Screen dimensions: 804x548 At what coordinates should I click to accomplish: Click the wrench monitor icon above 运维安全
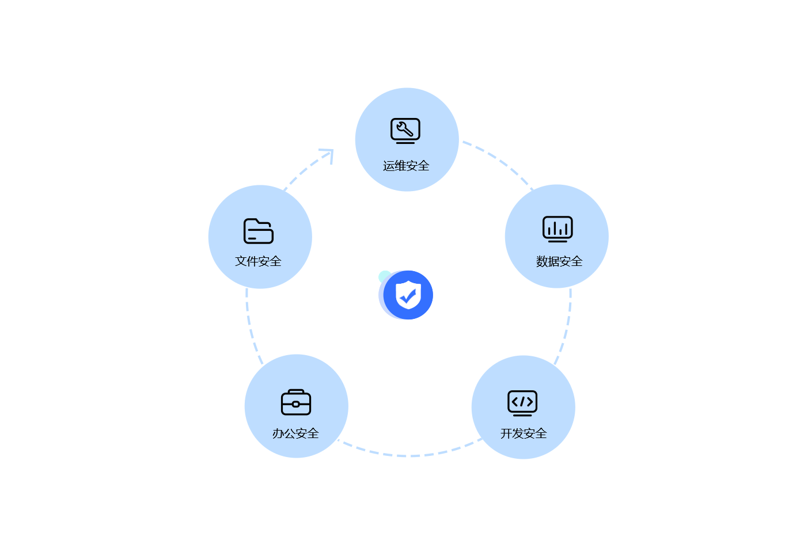tap(405, 131)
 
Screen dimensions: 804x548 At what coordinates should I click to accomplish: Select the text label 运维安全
tap(406, 166)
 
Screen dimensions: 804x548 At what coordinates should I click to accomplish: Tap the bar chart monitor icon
tap(558, 229)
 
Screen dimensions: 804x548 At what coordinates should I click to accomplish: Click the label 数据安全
tap(559, 261)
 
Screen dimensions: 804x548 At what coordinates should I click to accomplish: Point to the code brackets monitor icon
tap(522, 403)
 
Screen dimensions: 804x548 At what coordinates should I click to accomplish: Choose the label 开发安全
tap(524, 433)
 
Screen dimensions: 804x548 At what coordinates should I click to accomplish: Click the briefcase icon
tap(296, 402)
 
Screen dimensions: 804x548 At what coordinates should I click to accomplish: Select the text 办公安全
tap(295, 433)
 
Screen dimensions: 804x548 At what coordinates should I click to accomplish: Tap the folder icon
tap(259, 231)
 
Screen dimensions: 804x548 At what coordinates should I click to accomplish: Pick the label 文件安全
tap(258, 261)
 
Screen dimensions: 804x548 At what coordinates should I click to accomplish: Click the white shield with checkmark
tap(408, 295)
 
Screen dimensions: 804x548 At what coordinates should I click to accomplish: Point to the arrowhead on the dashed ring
tap(328, 155)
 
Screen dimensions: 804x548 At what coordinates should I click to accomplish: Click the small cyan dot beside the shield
tap(384, 276)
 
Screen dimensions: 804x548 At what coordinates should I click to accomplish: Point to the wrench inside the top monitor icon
tap(404, 129)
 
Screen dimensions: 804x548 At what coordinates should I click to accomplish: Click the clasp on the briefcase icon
tap(296, 404)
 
